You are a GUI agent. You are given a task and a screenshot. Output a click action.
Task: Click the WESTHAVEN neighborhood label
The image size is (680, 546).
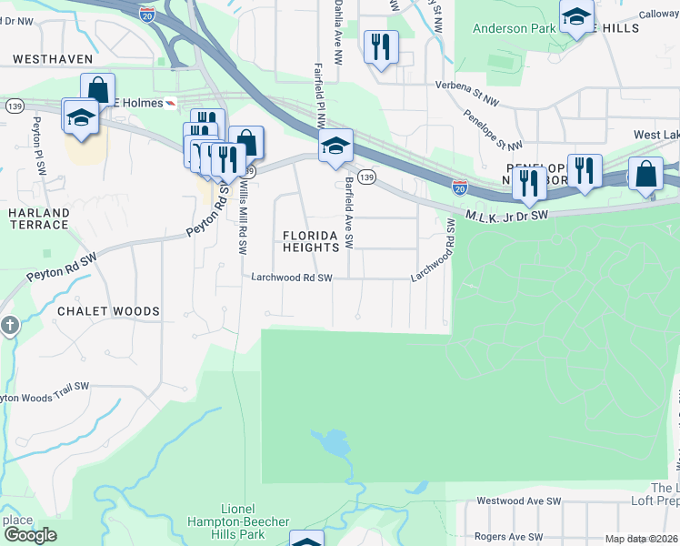click(53, 58)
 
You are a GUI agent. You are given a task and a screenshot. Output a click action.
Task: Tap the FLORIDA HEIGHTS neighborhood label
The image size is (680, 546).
click(316, 241)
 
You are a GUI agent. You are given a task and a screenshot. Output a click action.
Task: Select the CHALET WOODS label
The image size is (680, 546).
click(108, 311)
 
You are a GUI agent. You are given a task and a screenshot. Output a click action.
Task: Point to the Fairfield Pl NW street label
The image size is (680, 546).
click(319, 95)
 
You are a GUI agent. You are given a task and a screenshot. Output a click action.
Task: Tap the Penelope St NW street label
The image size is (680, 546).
click(493, 131)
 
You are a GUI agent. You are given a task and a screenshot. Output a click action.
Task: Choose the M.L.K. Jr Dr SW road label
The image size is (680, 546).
click(507, 216)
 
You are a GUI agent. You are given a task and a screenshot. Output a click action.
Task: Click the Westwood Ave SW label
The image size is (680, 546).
click(519, 501)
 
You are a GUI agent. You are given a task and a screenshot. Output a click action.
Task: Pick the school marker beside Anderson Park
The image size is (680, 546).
click(576, 16)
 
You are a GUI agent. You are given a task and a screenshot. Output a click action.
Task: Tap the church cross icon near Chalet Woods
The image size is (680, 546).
click(9, 325)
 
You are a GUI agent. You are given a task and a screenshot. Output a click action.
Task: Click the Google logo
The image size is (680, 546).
click(30, 535)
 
